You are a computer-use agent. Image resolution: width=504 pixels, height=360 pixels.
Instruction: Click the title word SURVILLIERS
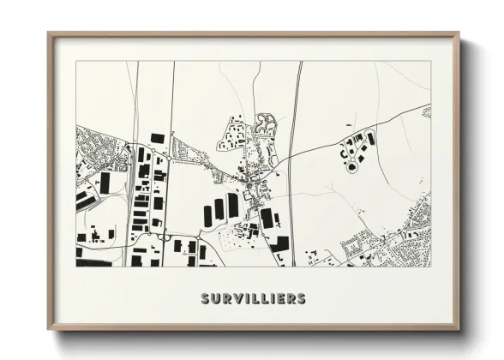(253, 298)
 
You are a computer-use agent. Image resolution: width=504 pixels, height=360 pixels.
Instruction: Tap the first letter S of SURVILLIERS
(206, 298)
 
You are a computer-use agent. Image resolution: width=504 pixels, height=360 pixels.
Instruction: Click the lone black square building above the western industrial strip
(157, 138)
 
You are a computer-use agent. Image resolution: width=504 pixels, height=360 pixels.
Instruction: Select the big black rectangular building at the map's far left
(105, 183)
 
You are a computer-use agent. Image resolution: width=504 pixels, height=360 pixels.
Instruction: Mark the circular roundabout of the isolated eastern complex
(351, 167)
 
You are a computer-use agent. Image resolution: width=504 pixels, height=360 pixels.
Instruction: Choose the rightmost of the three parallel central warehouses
(233, 205)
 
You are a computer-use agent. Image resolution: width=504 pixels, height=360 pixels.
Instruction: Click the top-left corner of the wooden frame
(49, 34)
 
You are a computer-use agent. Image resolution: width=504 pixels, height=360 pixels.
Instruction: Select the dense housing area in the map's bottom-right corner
(407, 249)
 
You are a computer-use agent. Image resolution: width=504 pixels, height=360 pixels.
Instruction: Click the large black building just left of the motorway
(267, 219)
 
